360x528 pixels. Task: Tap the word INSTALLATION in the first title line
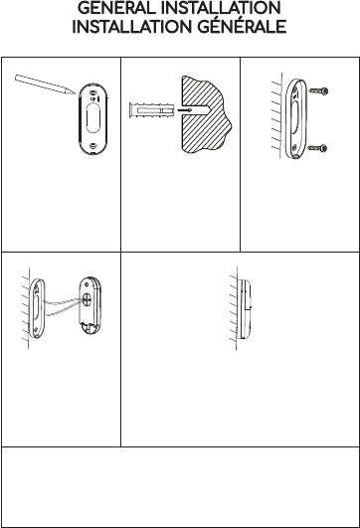point(221,8)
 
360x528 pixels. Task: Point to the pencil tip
point(75,93)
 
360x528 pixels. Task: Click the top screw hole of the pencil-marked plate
point(92,92)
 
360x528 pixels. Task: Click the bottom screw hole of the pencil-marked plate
point(92,146)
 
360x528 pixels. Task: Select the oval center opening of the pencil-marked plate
point(92,118)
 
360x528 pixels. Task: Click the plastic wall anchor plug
point(151,110)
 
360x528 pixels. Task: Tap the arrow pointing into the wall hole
point(185,109)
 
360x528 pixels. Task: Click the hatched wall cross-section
point(206,114)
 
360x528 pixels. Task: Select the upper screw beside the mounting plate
point(318,90)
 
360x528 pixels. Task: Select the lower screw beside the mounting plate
point(318,148)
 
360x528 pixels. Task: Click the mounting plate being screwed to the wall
point(295,119)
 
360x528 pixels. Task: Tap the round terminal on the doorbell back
point(87,299)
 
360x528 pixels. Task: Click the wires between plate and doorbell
point(63,307)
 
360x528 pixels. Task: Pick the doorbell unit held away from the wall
point(90,305)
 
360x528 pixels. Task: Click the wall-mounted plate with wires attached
point(37,308)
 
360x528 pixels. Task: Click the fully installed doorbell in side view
point(245,309)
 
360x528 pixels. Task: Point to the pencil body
point(45,85)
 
